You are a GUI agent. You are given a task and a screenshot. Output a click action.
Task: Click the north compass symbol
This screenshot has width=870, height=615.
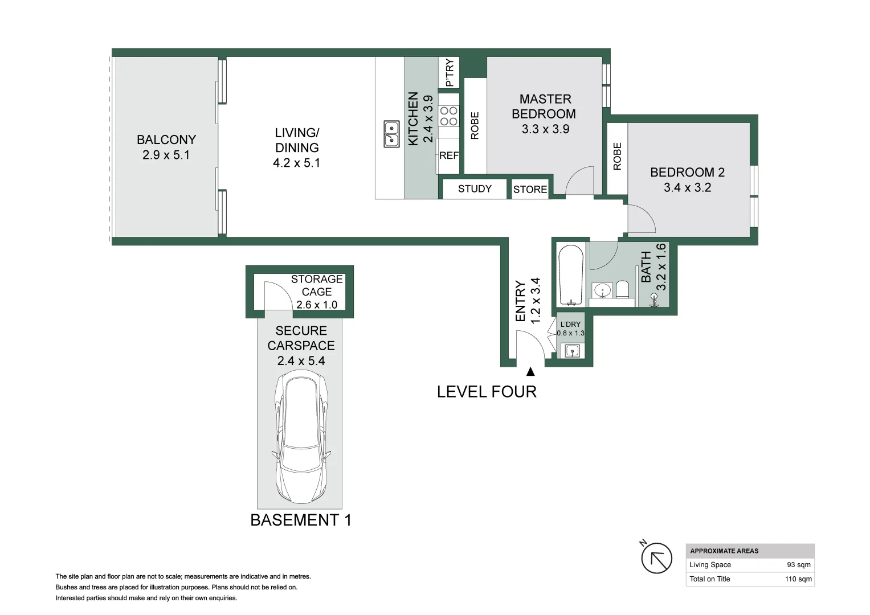pos(656,557)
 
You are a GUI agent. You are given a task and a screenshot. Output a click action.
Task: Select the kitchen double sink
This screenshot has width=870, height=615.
pos(391,134)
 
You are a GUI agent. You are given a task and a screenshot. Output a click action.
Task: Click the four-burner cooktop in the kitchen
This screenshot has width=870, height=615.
pos(448,116)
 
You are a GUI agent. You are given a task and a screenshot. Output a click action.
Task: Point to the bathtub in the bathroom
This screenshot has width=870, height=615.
pos(570,275)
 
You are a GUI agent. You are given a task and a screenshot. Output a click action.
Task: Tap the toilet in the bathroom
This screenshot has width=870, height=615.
pos(622,289)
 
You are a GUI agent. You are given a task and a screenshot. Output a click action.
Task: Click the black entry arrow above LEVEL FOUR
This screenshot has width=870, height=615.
pos(530,372)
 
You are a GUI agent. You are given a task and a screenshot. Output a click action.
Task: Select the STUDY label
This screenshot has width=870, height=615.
pos(475,188)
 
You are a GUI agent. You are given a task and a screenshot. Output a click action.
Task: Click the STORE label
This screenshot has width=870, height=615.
pos(530,190)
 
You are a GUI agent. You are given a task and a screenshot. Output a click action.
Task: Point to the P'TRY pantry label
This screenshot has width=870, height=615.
pos(449,73)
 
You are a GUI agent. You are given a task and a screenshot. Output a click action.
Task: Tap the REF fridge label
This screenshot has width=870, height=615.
pos(448,155)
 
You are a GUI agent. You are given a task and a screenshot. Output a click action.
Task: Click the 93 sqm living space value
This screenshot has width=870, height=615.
pos(798,565)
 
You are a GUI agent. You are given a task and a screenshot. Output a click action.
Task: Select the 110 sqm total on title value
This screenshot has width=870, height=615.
pos(798,579)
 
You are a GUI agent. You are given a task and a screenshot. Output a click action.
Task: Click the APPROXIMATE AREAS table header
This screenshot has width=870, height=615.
pos(724,551)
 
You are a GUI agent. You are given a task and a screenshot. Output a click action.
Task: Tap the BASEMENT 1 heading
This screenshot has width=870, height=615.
pos(301,520)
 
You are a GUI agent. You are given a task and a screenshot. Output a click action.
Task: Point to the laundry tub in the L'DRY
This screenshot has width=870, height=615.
pos(572,351)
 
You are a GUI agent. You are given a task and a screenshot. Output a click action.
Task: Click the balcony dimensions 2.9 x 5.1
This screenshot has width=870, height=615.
pos(166,155)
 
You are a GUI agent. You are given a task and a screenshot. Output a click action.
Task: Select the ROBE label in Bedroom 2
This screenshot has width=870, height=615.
pos(617,157)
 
